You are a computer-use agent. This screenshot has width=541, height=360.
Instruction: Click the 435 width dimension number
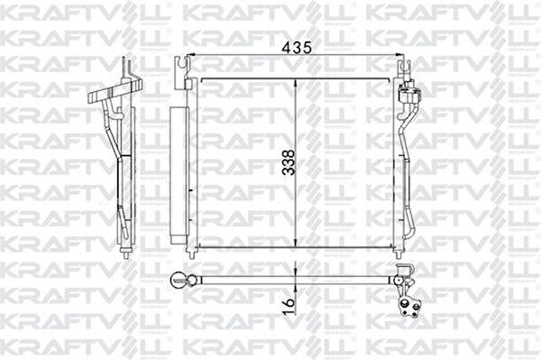tap(297, 48)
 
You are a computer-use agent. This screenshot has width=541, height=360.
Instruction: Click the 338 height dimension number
tap(289, 162)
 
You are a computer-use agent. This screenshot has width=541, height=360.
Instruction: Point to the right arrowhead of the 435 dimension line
tap(399, 54)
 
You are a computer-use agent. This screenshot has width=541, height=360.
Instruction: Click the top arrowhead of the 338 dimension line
tap(296, 83)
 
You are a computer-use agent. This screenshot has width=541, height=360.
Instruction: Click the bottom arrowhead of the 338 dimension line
tap(296, 243)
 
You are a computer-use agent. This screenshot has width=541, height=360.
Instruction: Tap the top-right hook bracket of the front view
tap(404, 69)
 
